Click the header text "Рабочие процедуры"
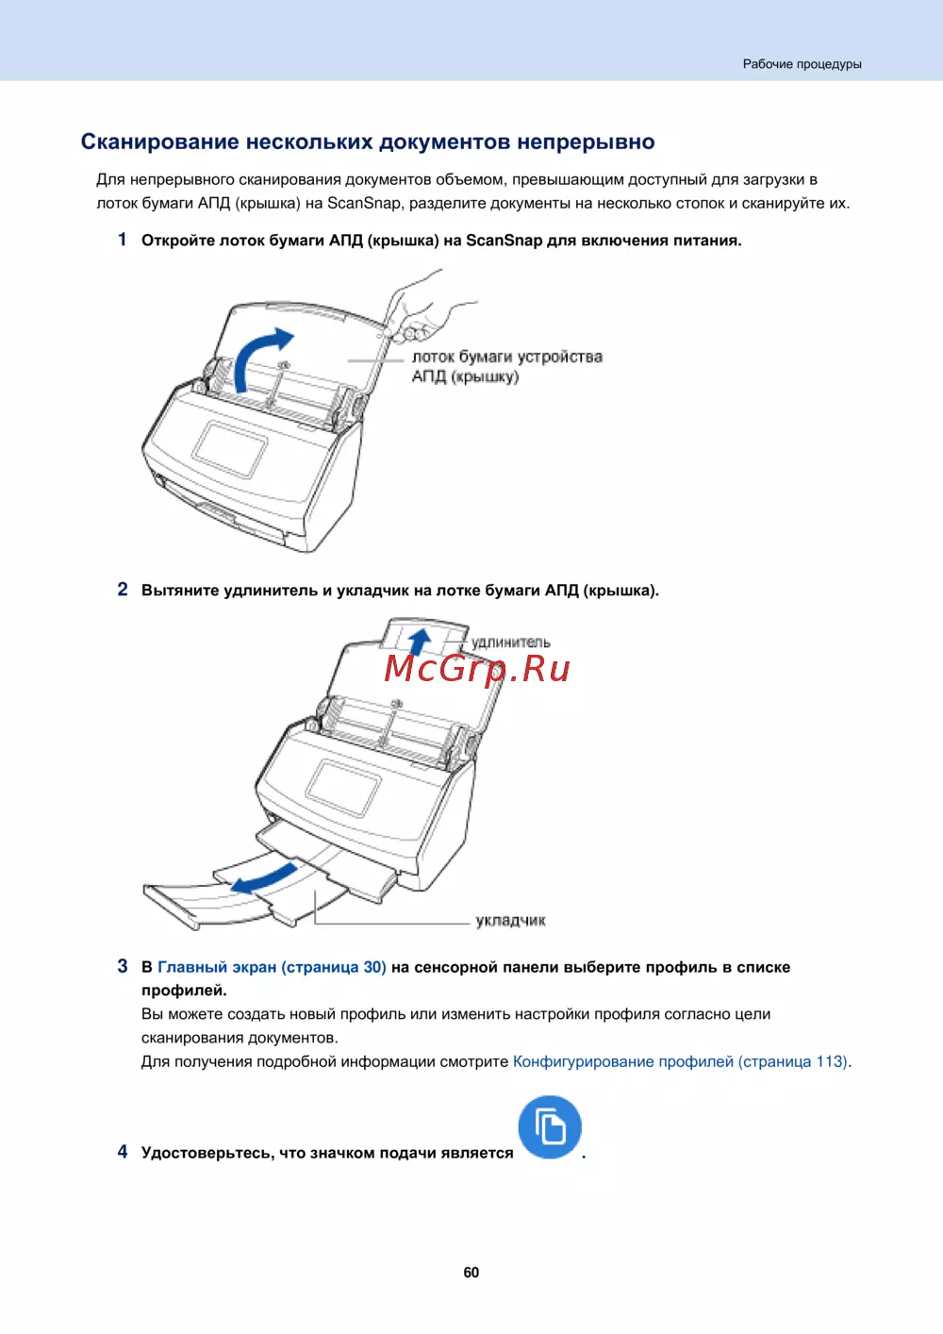pos(802,64)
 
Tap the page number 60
pos(471,1272)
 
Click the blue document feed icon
pos(550,1126)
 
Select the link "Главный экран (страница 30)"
pos(272,967)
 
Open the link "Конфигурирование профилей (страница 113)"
pos(680,1061)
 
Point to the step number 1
pos(123,240)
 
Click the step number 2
pos(123,590)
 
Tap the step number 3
pos(123,966)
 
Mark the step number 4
pos(123,1152)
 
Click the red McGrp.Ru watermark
pos(477,668)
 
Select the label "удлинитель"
pos(510,642)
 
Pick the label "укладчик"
pos(510,920)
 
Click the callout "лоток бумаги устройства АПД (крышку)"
pos(506,366)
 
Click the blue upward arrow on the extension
pos(420,641)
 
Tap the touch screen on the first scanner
pos(230,449)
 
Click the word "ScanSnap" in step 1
pos(504,241)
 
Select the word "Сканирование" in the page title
pos(159,142)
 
